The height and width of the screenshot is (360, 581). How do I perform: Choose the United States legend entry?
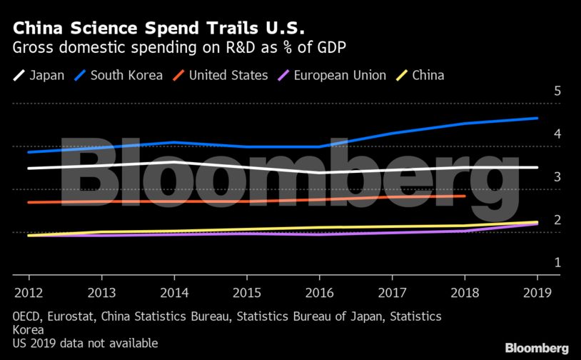click(220, 75)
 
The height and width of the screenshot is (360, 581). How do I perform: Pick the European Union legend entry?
click(331, 75)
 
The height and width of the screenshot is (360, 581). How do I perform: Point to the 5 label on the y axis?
click(558, 91)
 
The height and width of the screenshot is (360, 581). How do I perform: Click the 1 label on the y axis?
click(558, 263)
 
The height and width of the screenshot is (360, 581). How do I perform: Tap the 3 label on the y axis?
click(558, 177)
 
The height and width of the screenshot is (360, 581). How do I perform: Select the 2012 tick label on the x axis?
click(29, 291)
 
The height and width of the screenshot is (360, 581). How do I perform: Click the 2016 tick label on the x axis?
click(318, 291)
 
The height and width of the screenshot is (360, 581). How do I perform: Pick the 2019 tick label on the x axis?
click(537, 291)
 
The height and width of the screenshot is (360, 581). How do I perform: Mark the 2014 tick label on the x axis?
click(173, 291)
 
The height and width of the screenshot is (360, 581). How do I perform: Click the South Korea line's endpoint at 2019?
click(537, 119)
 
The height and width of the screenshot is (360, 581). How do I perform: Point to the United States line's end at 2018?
click(465, 196)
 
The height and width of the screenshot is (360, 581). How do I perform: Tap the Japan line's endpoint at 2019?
click(537, 168)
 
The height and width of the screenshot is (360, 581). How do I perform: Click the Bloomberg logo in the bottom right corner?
click(537, 348)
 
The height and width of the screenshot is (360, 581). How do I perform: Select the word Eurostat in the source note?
click(75, 316)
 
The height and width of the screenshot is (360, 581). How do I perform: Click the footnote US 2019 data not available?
click(85, 344)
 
